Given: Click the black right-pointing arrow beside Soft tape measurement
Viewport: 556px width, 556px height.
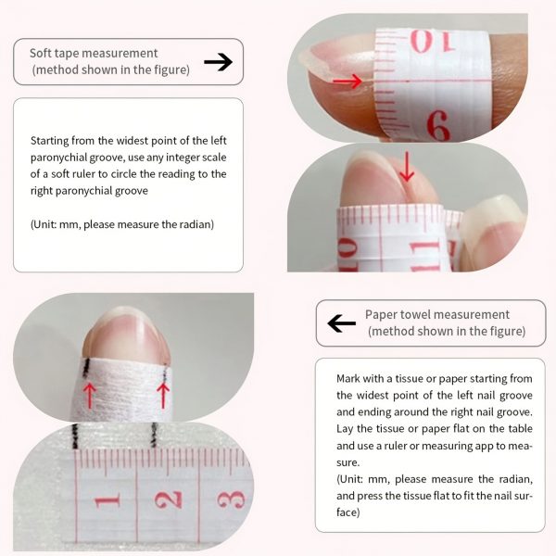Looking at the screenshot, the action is coord(218,62).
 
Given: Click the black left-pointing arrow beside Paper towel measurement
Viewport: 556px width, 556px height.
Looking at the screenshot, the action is coord(341,323).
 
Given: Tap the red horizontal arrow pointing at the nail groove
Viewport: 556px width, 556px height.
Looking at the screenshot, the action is coord(347,82).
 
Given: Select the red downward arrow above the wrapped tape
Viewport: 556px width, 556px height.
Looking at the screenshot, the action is coord(407,167).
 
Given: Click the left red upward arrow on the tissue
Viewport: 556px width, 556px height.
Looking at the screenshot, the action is coord(89,395).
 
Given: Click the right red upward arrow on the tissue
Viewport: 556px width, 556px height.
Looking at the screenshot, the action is coord(163,395).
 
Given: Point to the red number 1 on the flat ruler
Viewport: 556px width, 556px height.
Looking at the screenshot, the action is coord(107,500).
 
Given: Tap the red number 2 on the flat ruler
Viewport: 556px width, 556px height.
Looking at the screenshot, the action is coord(169,499).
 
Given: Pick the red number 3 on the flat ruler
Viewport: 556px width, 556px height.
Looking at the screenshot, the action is coord(231,499).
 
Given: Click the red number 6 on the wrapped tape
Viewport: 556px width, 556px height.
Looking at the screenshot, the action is coord(438,125).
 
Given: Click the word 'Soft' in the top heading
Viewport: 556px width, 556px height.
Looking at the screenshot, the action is coord(39,53).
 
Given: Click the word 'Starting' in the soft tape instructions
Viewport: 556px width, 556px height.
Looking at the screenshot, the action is coord(50,141).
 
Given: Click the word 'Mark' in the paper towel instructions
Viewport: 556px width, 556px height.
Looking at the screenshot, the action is coord(347,379).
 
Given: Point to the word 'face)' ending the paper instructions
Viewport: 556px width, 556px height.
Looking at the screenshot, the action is coord(348,512).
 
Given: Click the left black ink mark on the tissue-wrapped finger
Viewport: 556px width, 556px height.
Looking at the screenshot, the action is coord(86,367).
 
